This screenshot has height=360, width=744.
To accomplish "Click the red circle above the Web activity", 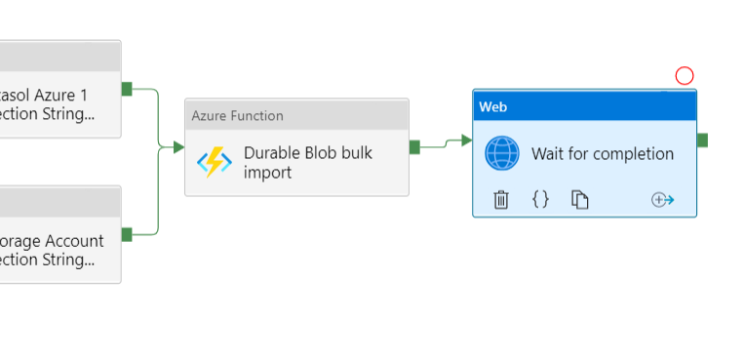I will click(685, 76).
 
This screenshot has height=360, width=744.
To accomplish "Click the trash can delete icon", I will click(501, 200).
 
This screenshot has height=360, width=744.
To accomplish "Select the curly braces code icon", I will click(540, 199).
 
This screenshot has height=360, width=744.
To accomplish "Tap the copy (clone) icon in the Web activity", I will click(580, 200).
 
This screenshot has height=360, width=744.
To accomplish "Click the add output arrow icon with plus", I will click(663, 200).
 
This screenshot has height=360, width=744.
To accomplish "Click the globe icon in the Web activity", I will click(503, 154).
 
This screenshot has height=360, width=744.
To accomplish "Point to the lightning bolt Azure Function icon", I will click(215, 162).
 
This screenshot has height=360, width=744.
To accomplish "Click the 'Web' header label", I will click(493, 106).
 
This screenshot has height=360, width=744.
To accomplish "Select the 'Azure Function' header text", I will click(238, 116).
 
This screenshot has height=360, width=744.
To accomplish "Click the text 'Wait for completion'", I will click(603, 154).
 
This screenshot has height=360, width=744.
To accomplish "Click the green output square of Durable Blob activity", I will click(414, 147).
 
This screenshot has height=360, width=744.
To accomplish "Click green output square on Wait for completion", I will click(702, 140).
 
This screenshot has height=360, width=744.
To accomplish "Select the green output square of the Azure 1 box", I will click(127, 89).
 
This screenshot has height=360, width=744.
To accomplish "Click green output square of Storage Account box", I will click(127, 234).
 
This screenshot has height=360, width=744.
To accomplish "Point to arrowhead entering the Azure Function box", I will click(178, 147).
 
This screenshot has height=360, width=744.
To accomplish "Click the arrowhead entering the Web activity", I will click(467, 140).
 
